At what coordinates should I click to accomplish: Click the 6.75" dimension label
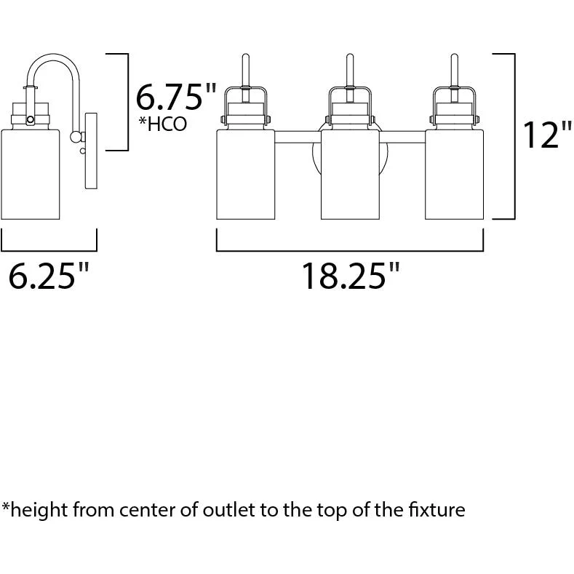click(x=176, y=96)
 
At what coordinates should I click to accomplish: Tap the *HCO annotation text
click(x=162, y=124)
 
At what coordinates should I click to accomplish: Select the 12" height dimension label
click(x=547, y=135)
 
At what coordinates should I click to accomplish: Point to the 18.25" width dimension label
click(x=351, y=275)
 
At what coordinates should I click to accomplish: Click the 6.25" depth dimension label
click(x=48, y=275)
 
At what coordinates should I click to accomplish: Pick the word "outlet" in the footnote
click(x=228, y=509)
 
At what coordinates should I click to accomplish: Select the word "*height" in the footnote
click(x=35, y=510)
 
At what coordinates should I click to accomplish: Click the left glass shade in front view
click(x=246, y=175)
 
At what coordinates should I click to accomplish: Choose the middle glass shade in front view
click(x=350, y=175)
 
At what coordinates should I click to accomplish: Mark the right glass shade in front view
click(x=454, y=175)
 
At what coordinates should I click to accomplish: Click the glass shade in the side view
click(x=31, y=175)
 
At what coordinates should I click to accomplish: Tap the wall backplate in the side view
click(x=91, y=151)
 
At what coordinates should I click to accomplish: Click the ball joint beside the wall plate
click(x=76, y=137)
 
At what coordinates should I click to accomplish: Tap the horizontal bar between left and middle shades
click(x=298, y=137)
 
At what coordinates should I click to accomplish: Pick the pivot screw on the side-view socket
click(x=31, y=120)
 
